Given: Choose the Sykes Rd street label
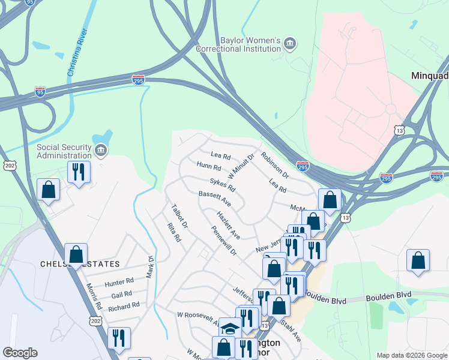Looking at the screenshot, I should (223, 184).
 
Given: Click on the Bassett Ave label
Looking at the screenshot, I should (214, 196).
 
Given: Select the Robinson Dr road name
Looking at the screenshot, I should (275, 166).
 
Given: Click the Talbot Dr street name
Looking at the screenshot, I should (179, 217).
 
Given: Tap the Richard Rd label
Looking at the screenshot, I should (124, 307).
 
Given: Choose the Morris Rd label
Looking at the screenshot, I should (94, 296).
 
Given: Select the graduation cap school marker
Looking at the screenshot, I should (230, 328).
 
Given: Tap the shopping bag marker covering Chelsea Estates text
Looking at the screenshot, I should (76, 254).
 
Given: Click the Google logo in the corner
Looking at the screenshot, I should (20, 353).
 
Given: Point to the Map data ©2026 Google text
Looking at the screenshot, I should (411, 355).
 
